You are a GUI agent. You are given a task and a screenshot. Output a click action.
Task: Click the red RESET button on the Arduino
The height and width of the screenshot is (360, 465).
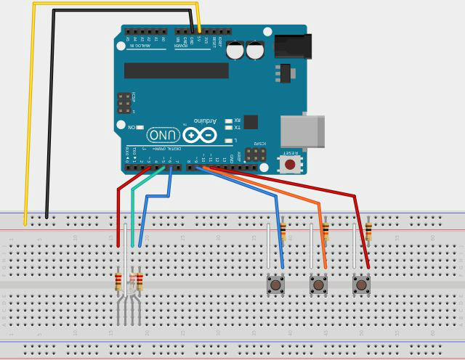coord(290,164)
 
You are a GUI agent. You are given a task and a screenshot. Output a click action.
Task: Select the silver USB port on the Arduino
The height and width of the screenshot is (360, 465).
coord(302,131)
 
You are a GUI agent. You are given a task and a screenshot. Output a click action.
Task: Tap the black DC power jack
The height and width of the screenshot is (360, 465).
coord(293,46)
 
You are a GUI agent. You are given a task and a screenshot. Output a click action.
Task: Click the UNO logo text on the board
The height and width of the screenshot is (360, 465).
coord(163,135)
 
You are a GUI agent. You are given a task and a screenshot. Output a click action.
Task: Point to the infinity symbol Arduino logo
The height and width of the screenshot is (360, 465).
coord(200,135)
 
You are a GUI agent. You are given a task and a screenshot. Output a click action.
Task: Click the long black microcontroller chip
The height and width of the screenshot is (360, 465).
coord(177,70)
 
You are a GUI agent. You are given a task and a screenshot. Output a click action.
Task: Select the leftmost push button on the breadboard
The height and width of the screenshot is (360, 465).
coord(275,285)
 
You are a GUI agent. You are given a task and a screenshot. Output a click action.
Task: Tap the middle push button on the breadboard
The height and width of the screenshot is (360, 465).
coord(318,285)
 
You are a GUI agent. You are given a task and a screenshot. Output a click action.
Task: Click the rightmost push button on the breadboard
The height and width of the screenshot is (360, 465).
coord(361,285)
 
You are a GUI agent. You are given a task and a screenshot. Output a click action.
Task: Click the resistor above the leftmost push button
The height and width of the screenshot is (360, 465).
coord(283,232)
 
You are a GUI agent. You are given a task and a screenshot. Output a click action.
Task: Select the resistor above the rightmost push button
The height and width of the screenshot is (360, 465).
coord(368,232)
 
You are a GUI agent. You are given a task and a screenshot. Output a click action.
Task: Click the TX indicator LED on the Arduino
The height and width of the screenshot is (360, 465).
coord(228,127)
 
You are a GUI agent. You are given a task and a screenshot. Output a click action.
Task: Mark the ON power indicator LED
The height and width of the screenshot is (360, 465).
coord(139,127)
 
